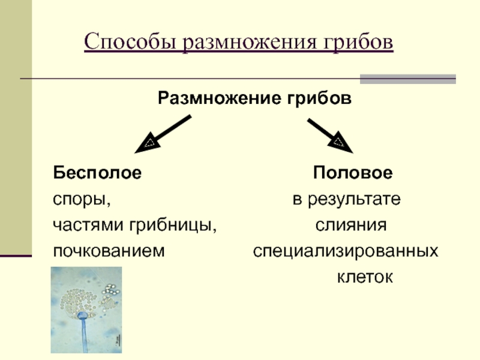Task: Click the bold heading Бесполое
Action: click(98, 173)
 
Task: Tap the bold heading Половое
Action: click(352, 173)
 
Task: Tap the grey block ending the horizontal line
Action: click(407, 79)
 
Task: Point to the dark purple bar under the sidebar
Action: click(16, 256)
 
